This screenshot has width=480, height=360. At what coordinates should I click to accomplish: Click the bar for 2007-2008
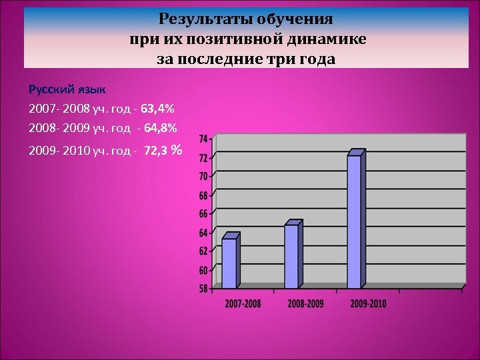pos(229,263)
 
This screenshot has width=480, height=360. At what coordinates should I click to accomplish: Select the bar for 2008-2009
pos(292,256)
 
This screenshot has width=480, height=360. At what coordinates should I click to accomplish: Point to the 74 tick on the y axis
pos(203,139)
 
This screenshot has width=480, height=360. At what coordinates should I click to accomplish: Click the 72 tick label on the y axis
pos(203,158)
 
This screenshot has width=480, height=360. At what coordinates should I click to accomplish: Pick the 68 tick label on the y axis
pos(203,195)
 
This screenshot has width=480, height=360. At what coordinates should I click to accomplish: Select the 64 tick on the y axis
pos(203,233)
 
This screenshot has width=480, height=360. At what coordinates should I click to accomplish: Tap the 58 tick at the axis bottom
pos(203,289)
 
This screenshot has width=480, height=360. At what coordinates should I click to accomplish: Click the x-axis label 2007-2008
pos(243,303)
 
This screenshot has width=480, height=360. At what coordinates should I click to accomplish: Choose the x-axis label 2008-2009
pos(305,303)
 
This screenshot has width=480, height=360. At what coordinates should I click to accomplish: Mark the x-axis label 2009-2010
pos(368,303)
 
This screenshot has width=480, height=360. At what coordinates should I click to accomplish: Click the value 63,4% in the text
pos(158,108)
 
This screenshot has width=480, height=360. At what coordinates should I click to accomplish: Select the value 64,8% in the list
pos(160,127)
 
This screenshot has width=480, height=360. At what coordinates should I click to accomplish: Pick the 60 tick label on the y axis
pos(203,270)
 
